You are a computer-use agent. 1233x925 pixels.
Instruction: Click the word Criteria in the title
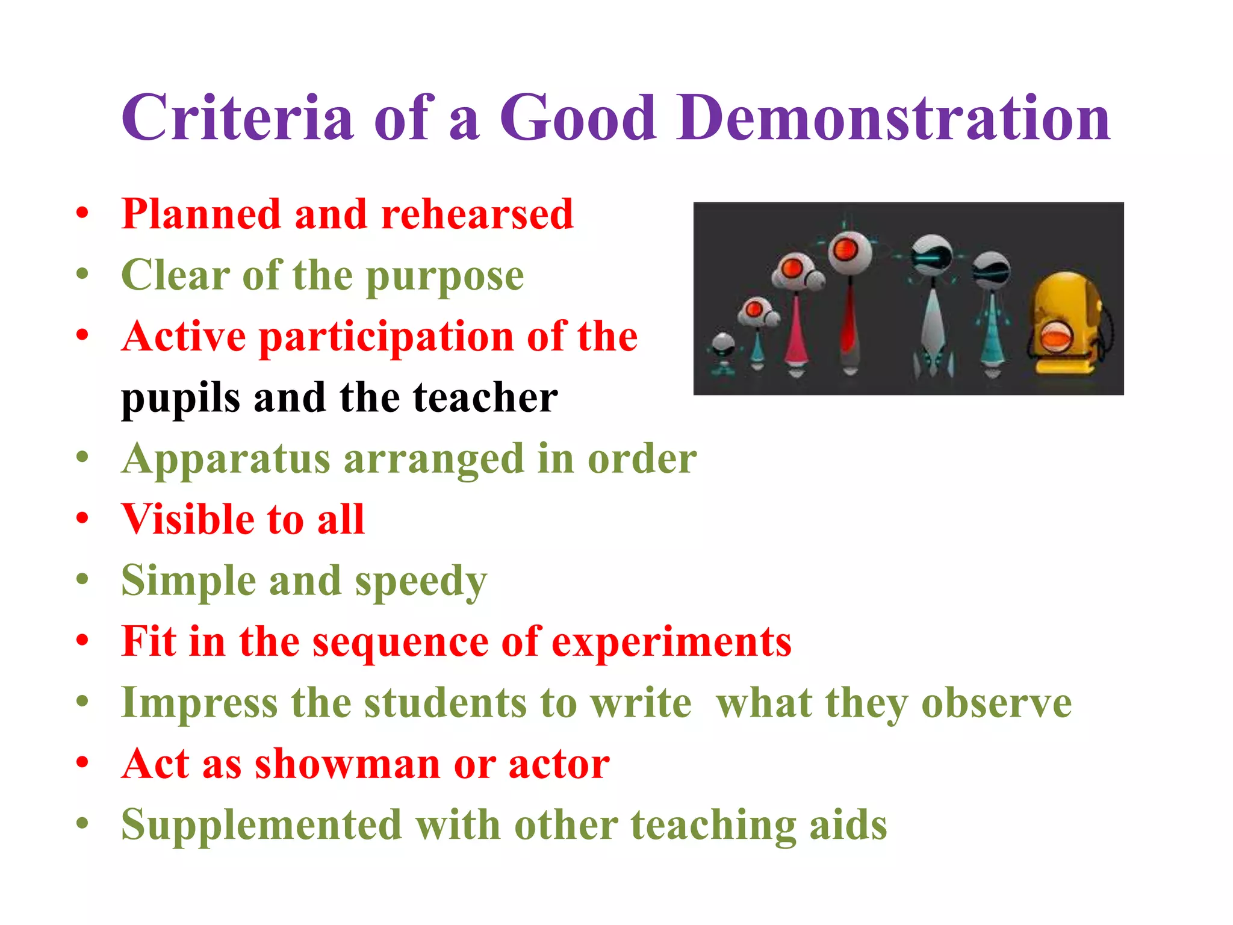[x=237, y=117]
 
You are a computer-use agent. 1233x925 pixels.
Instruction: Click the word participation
[x=387, y=337]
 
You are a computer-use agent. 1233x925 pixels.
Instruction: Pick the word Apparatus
[x=226, y=460]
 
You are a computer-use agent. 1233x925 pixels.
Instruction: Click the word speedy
[x=421, y=582]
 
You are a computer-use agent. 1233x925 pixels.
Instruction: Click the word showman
[x=348, y=764]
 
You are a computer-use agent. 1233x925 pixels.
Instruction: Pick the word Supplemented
[x=261, y=825]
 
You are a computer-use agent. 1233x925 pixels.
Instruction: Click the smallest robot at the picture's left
[x=722, y=352]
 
